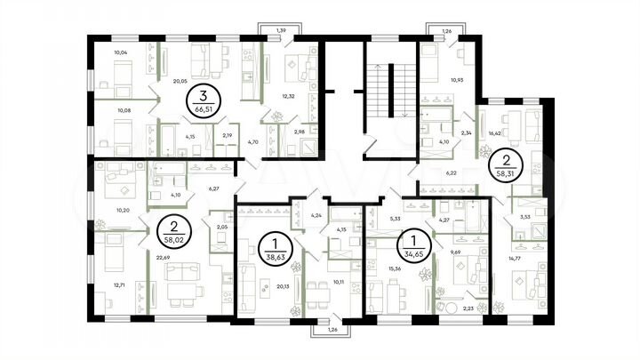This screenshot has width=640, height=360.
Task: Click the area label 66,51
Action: (205, 111)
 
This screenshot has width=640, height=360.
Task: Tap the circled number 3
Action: (205, 97)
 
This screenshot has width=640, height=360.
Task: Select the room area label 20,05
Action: (180, 81)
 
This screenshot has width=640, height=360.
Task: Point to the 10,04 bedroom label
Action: (123, 52)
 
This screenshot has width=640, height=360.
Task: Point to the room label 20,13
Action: (284, 287)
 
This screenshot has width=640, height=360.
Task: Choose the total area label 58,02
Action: (169, 239)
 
